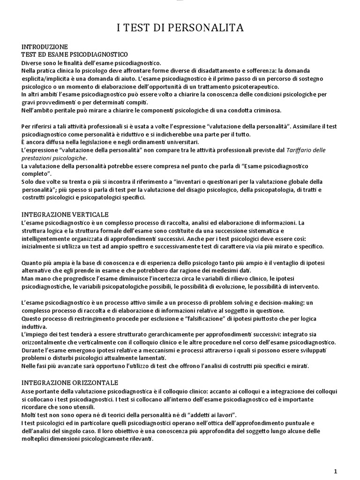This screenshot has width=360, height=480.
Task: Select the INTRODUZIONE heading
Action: pyautogui.click(x=45, y=47)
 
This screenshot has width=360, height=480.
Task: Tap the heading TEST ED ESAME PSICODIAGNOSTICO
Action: pyautogui.click(x=75, y=55)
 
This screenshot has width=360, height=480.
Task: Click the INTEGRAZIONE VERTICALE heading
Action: pyautogui.click(x=65, y=214)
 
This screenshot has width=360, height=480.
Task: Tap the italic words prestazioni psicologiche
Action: pyautogui.click(x=54, y=158)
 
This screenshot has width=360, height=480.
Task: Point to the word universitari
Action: pyautogui.click(x=180, y=142)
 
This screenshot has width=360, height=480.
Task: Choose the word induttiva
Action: pyautogui.click(x=34, y=326)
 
